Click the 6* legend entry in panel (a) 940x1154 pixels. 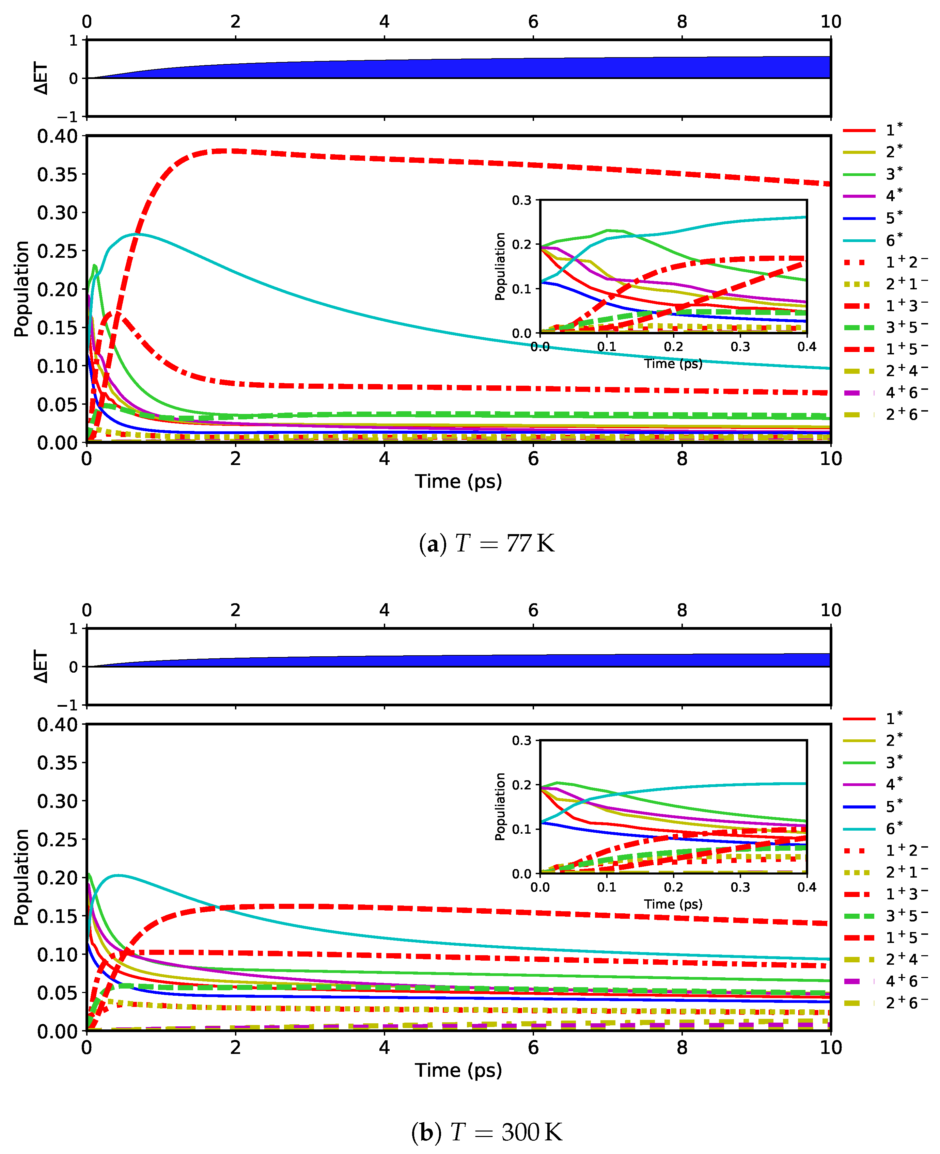tap(893, 240)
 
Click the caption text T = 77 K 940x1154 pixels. tap(487, 543)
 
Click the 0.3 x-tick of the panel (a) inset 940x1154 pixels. tap(740, 347)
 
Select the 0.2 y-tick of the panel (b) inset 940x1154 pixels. tap(522, 785)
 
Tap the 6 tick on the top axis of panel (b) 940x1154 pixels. tap(533, 610)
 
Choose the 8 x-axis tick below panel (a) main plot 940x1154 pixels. tap(682, 459)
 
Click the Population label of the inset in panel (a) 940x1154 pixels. tap(500, 266)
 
